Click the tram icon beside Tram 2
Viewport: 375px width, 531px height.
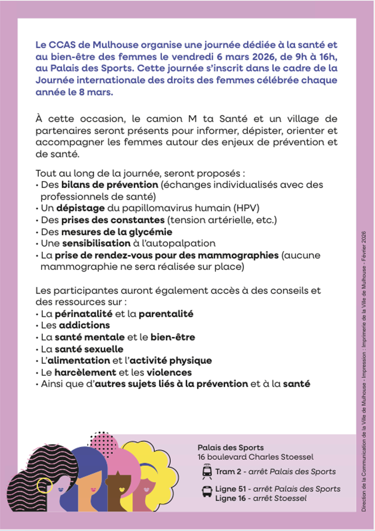[207, 471]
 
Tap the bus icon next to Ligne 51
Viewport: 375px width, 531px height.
[207, 491]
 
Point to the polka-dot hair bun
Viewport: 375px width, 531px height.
[104, 442]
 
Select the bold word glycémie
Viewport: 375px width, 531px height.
[151, 232]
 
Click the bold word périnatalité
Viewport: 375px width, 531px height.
[83, 314]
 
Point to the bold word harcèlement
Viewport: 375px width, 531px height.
[85, 372]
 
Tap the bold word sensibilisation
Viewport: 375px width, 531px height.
[96, 243]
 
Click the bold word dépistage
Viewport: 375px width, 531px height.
[80, 208]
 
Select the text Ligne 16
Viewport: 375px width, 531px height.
[230, 498]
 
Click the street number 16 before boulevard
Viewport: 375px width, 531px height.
[201, 457]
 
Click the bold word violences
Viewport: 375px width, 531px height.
[169, 372]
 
